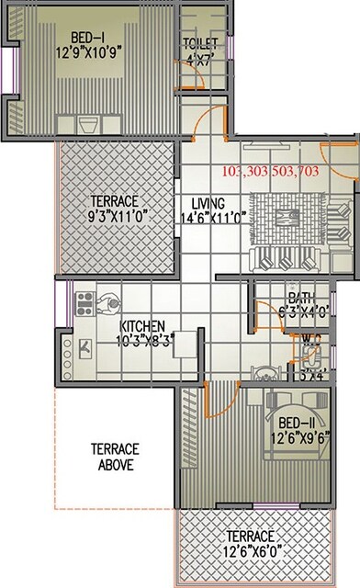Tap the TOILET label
click(199, 44)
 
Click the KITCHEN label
click(142, 326)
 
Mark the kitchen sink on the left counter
click(84, 347)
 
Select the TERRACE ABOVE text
click(114, 457)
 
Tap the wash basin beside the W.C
click(264, 374)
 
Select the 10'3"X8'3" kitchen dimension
click(142, 339)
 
